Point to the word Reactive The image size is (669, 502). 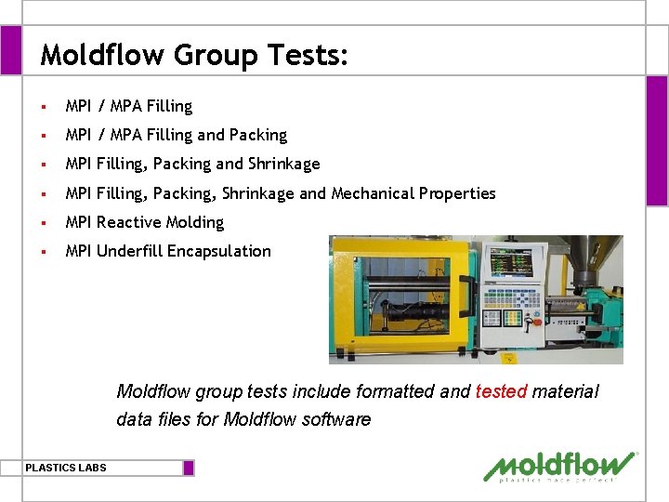point(128,222)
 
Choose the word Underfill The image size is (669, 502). point(129,251)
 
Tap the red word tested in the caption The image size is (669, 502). point(501,391)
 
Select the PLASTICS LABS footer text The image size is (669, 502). point(66,468)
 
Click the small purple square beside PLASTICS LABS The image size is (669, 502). point(189,468)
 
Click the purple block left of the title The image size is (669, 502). point(10,50)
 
